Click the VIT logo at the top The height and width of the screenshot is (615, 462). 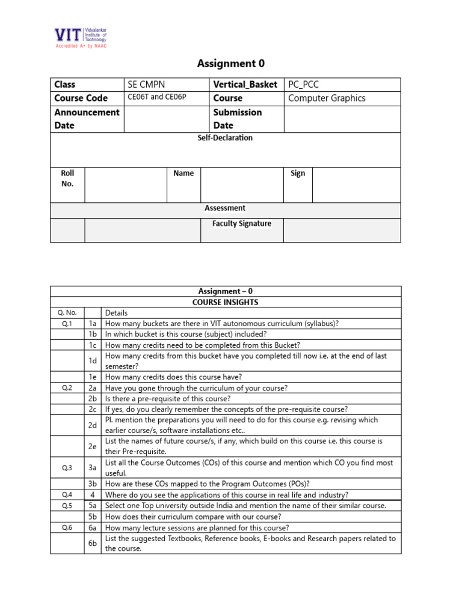(80, 38)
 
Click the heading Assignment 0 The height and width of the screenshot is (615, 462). (231, 64)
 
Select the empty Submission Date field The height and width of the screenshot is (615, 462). (342, 119)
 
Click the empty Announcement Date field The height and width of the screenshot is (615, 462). (166, 119)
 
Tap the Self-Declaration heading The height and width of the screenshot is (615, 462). (225, 138)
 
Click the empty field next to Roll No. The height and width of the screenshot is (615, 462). (125, 184)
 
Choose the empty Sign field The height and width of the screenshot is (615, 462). (356, 184)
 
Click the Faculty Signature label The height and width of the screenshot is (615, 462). (242, 224)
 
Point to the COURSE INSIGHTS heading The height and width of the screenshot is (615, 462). (225, 302)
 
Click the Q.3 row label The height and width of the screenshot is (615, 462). (67, 467)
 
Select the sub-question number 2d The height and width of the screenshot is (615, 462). (93, 425)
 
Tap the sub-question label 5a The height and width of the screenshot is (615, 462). (93, 506)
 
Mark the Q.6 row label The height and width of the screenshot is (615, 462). (67, 528)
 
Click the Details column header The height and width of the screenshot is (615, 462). (116, 313)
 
